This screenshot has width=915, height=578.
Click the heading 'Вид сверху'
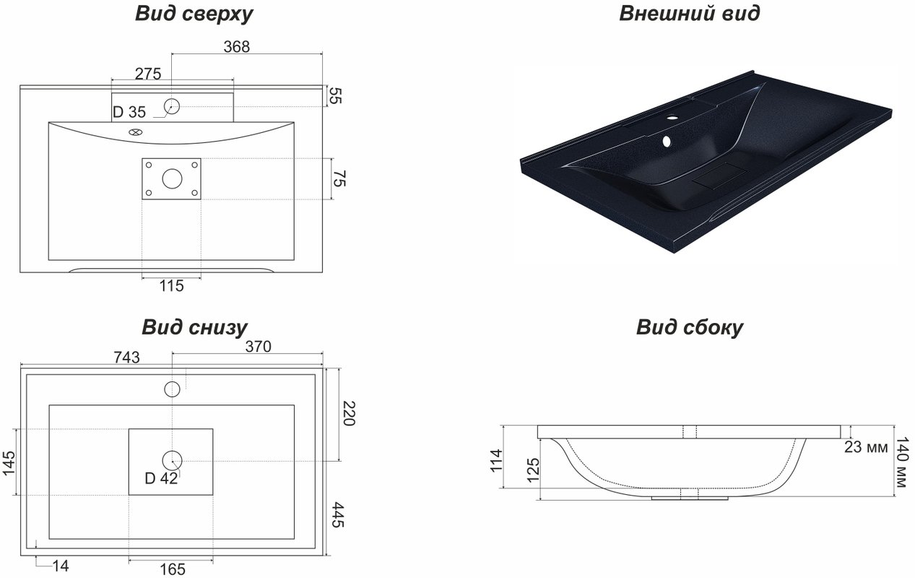(x=194, y=14)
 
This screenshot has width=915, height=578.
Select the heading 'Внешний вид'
(x=690, y=13)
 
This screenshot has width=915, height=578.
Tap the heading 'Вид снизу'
(x=194, y=327)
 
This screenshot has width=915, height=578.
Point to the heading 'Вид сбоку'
(x=690, y=327)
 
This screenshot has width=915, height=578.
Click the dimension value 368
(x=236, y=47)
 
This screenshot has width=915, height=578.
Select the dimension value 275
(x=148, y=74)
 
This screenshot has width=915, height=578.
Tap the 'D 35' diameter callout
(x=129, y=112)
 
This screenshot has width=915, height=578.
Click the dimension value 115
(x=172, y=285)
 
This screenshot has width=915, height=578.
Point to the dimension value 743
(x=126, y=358)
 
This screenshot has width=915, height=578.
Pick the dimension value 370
(x=258, y=347)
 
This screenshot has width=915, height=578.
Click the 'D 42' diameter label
(x=161, y=478)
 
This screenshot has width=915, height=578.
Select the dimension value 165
(x=173, y=569)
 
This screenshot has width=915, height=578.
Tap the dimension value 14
(x=61, y=566)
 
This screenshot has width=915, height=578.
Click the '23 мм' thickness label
(x=866, y=447)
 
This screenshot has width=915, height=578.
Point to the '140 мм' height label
(x=902, y=462)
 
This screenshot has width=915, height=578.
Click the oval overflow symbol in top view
(x=135, y=132)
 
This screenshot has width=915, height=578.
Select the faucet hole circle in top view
(x=172, y=106)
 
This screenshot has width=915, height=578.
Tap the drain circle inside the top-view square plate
(x=172, y=178)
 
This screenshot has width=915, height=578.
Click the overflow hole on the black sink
(x=667, y=142)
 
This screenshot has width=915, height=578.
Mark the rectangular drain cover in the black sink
(x=720, y=176)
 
